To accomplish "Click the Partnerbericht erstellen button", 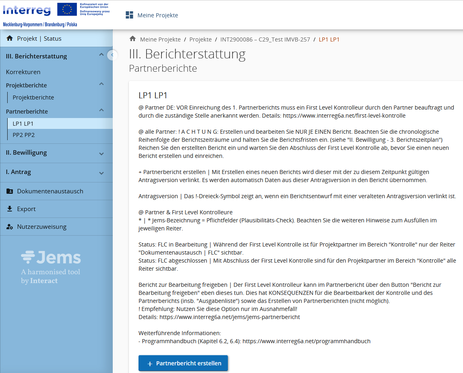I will (183, 363).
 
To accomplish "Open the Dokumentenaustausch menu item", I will (50, 191).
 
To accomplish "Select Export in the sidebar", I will (26, 209).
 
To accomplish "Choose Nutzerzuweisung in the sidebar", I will (41, 227).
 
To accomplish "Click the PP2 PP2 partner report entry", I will (24, 135).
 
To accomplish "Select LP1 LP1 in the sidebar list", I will (23, 124).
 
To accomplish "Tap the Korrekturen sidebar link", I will (23, 72).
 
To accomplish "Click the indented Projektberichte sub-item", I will (33, 97).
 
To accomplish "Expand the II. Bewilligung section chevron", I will (101, 153).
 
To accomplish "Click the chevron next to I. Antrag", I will (101, 173).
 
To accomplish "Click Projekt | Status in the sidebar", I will (39, 39).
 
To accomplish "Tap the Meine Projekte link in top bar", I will (157, 15).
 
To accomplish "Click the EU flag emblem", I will (67, 9).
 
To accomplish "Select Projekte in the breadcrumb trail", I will (200, 39).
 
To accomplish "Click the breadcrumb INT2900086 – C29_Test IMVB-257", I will (265, 39).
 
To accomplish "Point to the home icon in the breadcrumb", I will (132, 39).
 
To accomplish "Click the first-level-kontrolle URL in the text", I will (344, 116).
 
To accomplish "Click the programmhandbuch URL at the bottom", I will (306, 341).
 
